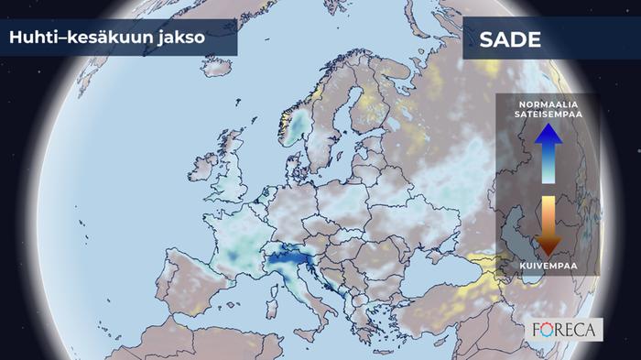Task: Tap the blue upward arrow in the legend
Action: pyautogui.click(x=548, y=151)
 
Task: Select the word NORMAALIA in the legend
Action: pyautogui.click(x=548, y=105)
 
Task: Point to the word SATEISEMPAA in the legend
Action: pyautogui.click(x=548, y=116)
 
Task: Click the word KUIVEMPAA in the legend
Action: pyautogui.click(x=548, y=266)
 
